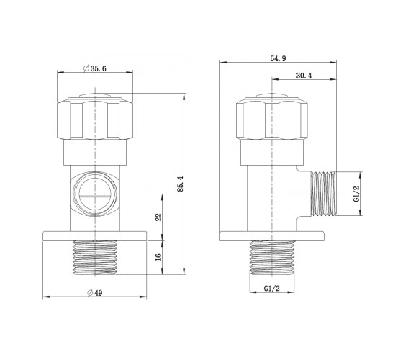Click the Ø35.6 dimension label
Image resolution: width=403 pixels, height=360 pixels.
(x=94, y=68)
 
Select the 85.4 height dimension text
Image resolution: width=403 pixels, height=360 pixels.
(x=181, y=184)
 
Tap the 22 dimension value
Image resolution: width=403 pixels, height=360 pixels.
(x=159, y=217)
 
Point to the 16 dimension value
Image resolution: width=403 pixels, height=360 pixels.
(x=159, y=257)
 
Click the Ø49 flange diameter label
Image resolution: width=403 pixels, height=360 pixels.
(x=94, y=292)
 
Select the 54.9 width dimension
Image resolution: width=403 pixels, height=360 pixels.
(x=278, y=58)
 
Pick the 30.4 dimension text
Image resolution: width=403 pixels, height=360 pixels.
(x=304, y=76)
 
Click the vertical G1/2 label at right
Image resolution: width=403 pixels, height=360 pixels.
(x=356, y=194)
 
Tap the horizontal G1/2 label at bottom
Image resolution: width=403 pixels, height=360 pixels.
(x=272, y=289)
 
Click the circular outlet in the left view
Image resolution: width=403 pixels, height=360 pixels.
(x=95, y=194)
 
